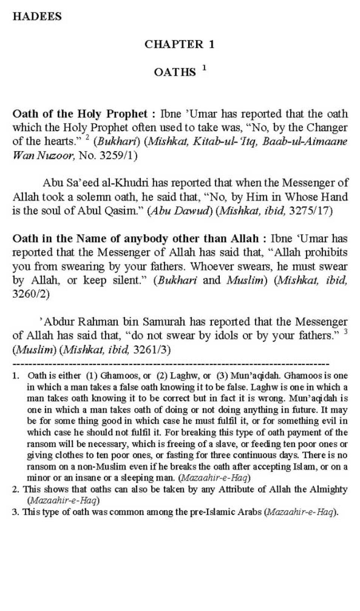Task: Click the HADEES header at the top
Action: tap(37, 17)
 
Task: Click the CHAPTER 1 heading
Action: tap(179, 44)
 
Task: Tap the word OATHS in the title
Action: tap(175, 72)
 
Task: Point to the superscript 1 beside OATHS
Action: tap(204, 68)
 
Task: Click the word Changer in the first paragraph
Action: tap(327, 128)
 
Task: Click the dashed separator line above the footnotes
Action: tap(171, 364)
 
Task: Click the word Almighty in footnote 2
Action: tap(328, 489)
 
